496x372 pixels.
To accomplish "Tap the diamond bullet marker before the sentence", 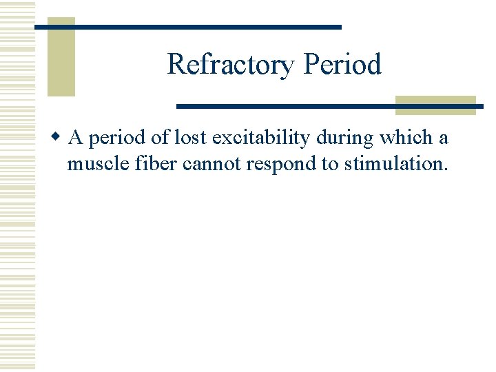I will [60, 138].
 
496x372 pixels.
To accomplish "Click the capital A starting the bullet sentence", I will [76, 138].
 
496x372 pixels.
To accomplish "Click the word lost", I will [190, 138].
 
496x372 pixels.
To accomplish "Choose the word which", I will [407, 138].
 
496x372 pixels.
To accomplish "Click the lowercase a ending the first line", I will [444, 140].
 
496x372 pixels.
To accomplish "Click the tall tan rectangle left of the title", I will [61, 56].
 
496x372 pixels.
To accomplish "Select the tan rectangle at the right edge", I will [435, 105].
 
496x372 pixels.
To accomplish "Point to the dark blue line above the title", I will [187, 27].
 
